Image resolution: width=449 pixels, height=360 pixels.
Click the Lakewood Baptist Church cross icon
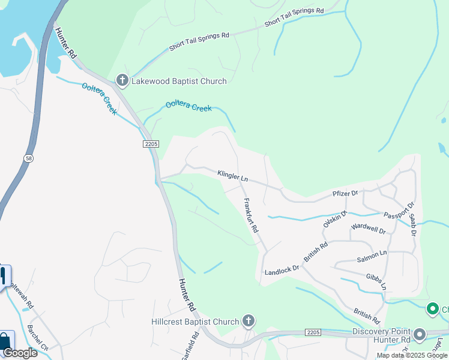coord(122,80)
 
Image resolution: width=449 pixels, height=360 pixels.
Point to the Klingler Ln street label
coord(232,175)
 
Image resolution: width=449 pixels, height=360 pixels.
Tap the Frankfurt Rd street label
coord(251,216)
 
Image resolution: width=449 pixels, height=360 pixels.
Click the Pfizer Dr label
coord(345,194)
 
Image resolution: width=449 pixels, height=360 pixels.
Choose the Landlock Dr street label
coord(282,270)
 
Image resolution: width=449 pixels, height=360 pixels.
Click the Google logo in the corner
coord(20,353)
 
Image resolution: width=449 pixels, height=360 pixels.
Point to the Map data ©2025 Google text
coord(412,355)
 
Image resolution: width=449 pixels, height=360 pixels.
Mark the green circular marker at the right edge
coord(432,309)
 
